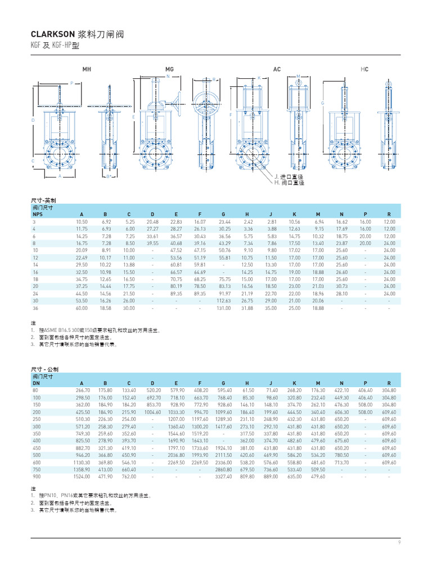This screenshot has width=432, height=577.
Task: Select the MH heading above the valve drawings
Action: point(87,69)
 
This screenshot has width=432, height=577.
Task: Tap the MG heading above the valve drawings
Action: point(169,69)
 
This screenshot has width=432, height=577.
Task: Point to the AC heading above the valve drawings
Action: point(277,69)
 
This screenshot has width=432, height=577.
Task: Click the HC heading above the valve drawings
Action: point(364,69)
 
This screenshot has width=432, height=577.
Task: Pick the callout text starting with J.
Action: point(288,177)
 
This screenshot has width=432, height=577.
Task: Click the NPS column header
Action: point(37,215)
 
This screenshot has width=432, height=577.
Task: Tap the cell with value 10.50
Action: point(82,222)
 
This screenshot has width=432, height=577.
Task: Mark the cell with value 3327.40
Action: point(223,476)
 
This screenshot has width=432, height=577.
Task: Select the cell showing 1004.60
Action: point(151,411)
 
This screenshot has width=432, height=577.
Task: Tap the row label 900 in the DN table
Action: point(37,476)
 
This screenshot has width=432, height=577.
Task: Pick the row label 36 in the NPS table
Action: point(35,308)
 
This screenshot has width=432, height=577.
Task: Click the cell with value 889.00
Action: point(271,476)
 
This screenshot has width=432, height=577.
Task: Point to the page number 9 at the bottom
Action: point(399,542)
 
